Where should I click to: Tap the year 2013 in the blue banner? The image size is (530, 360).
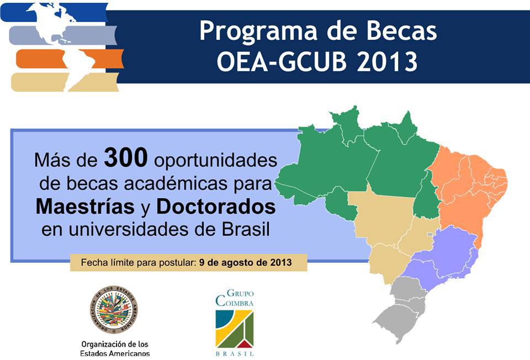click(386, 61)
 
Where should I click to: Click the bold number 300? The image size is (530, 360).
click(126, 157)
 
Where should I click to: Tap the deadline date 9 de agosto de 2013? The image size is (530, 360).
click(245, 263)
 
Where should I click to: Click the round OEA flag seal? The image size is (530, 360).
click(114, 309)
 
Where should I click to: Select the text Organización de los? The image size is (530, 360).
click(115, 344)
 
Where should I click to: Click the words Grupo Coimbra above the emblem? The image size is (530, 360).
click(235, 298)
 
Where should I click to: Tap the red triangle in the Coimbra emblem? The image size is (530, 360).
click(245, 344)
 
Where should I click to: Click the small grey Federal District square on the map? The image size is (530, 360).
click(430, 234)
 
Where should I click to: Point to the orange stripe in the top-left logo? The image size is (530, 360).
click(70, 59)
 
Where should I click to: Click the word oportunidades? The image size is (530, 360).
click(216, 161)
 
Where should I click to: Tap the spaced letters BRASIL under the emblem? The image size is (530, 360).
click(235, 354)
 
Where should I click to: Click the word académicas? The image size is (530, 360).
click(176, 183)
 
